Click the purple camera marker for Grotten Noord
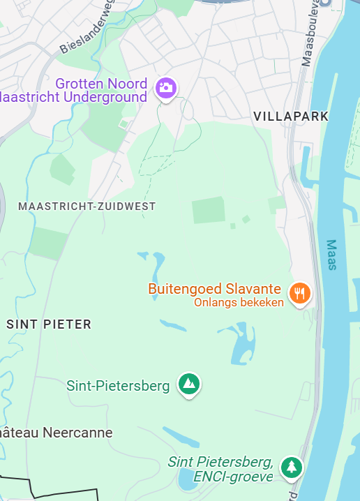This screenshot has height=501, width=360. [x=166, y=88]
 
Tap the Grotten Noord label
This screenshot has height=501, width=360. [x=102, y=83]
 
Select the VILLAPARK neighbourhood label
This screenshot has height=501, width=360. [x=290, y=116]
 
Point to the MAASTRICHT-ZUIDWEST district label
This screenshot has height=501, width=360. [x=87, y=207]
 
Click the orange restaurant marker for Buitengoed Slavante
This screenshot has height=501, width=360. [x=300, y=293]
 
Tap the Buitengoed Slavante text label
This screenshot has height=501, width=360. [x=215, y=289]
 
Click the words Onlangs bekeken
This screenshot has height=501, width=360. [x=239, y=303]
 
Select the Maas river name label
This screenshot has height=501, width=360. [x=332, y=255]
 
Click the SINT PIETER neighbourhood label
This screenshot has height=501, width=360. [x=49, y=324]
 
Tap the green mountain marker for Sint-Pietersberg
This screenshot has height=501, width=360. [x=188, y=383]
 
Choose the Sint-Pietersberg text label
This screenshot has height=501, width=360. [x=118, y=386]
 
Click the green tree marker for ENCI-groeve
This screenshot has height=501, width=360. [x=291, y=466]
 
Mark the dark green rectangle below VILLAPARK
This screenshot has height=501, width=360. [x=209, y=210]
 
